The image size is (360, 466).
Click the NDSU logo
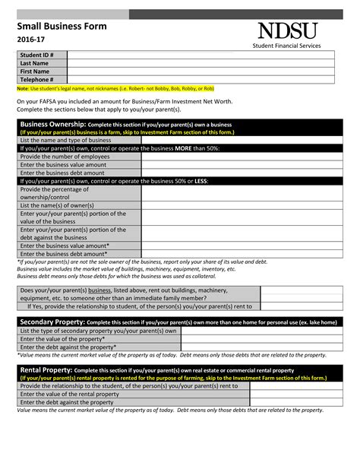(287, 30)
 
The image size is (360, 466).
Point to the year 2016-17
(33, 40)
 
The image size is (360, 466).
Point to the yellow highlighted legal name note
(115, 88)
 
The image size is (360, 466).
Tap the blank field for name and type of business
(238, 141)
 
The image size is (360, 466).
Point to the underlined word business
(99, 290)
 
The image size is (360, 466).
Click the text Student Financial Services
(287, 46)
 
